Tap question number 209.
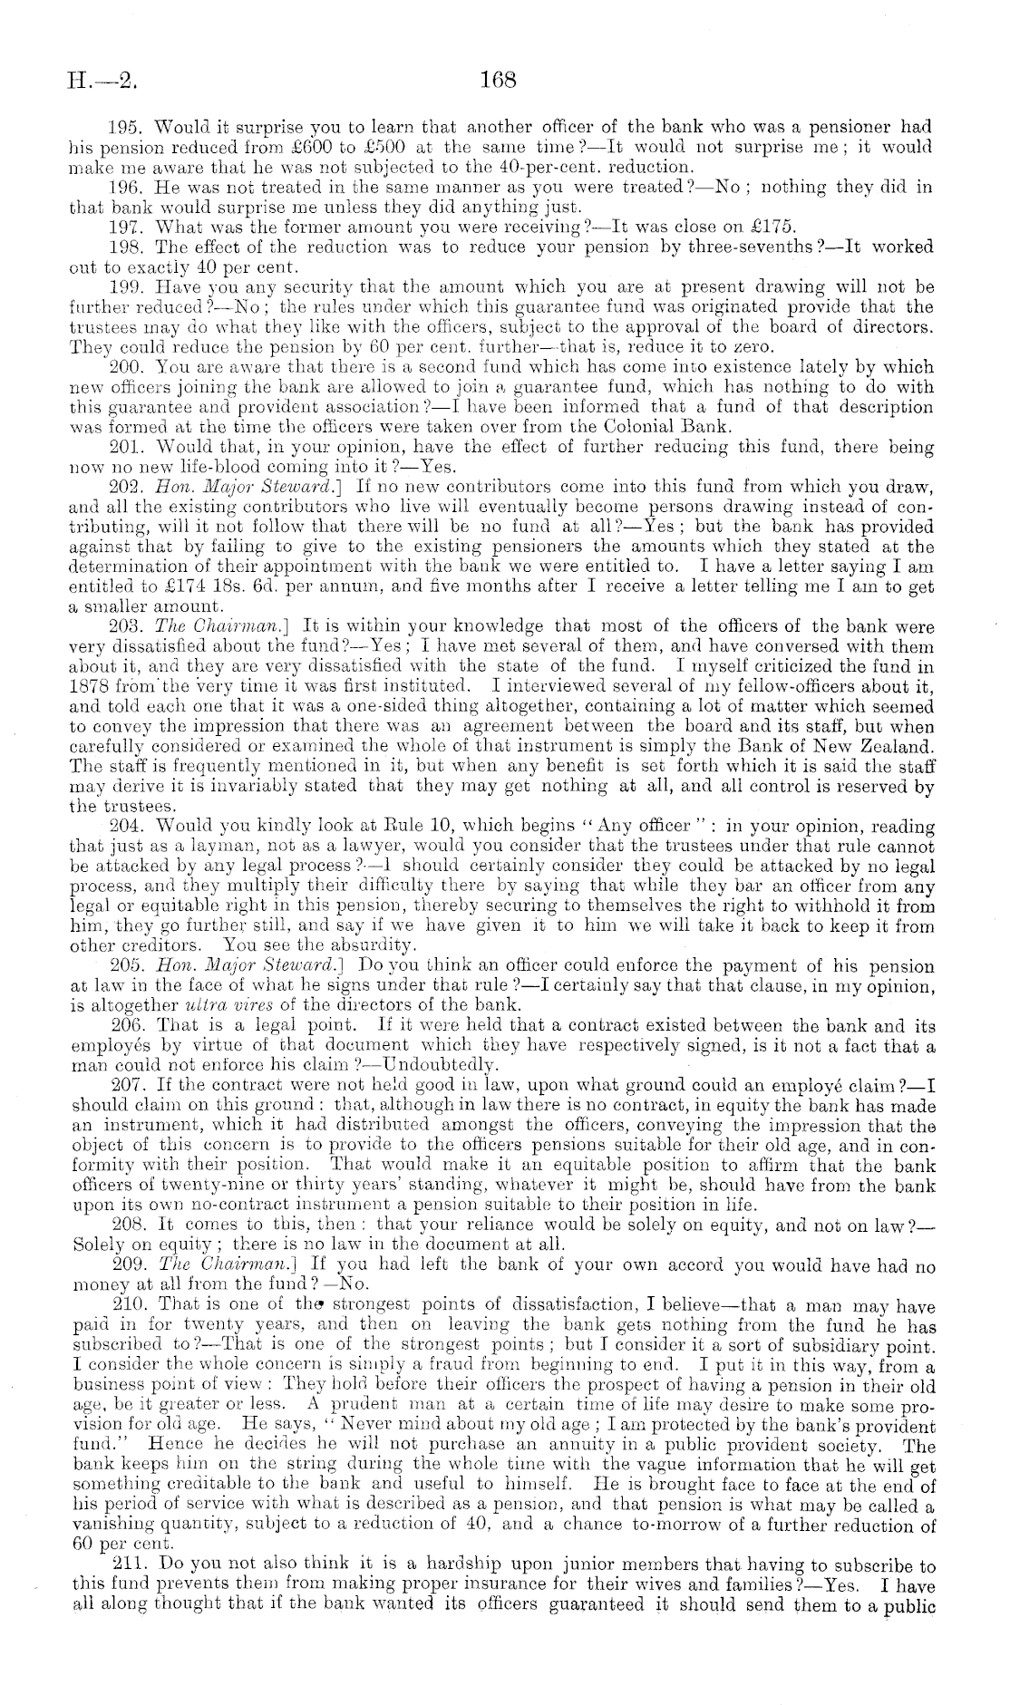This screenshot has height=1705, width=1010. tap(124, 1263)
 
